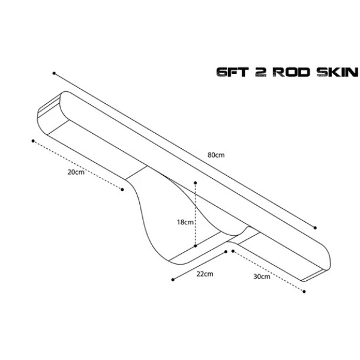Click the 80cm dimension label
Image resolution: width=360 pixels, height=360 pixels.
tap(216, 155)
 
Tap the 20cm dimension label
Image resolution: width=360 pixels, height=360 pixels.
tap(76, 172)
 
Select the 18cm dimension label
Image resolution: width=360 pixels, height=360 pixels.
tap(185, 222)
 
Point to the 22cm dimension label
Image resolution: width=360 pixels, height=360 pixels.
tap(205, 274)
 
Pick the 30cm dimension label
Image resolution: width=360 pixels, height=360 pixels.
tap(262, 277)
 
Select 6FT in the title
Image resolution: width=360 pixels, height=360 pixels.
tap(233, 73)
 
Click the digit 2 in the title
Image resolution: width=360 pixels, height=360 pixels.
tap(260, 73)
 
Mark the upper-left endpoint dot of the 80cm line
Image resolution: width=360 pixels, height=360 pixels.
tap(54, 73)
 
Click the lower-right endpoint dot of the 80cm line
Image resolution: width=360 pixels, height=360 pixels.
tap(315, 228)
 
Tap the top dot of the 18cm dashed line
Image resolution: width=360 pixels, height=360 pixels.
tap(196, 183)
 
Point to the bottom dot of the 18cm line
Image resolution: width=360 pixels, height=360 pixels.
tap(196, 246)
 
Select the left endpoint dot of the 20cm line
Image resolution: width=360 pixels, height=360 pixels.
tap(33, 141)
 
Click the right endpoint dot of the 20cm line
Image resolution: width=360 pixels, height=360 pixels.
tap(122, 190)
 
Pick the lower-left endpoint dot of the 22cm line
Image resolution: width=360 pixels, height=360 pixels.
tap(173, 280)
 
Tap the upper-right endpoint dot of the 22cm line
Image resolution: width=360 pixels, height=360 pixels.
tap(226, 252)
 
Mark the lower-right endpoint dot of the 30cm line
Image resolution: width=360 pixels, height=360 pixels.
tap(304, 292)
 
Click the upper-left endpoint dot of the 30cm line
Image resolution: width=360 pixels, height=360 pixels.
tap(233, 251)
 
